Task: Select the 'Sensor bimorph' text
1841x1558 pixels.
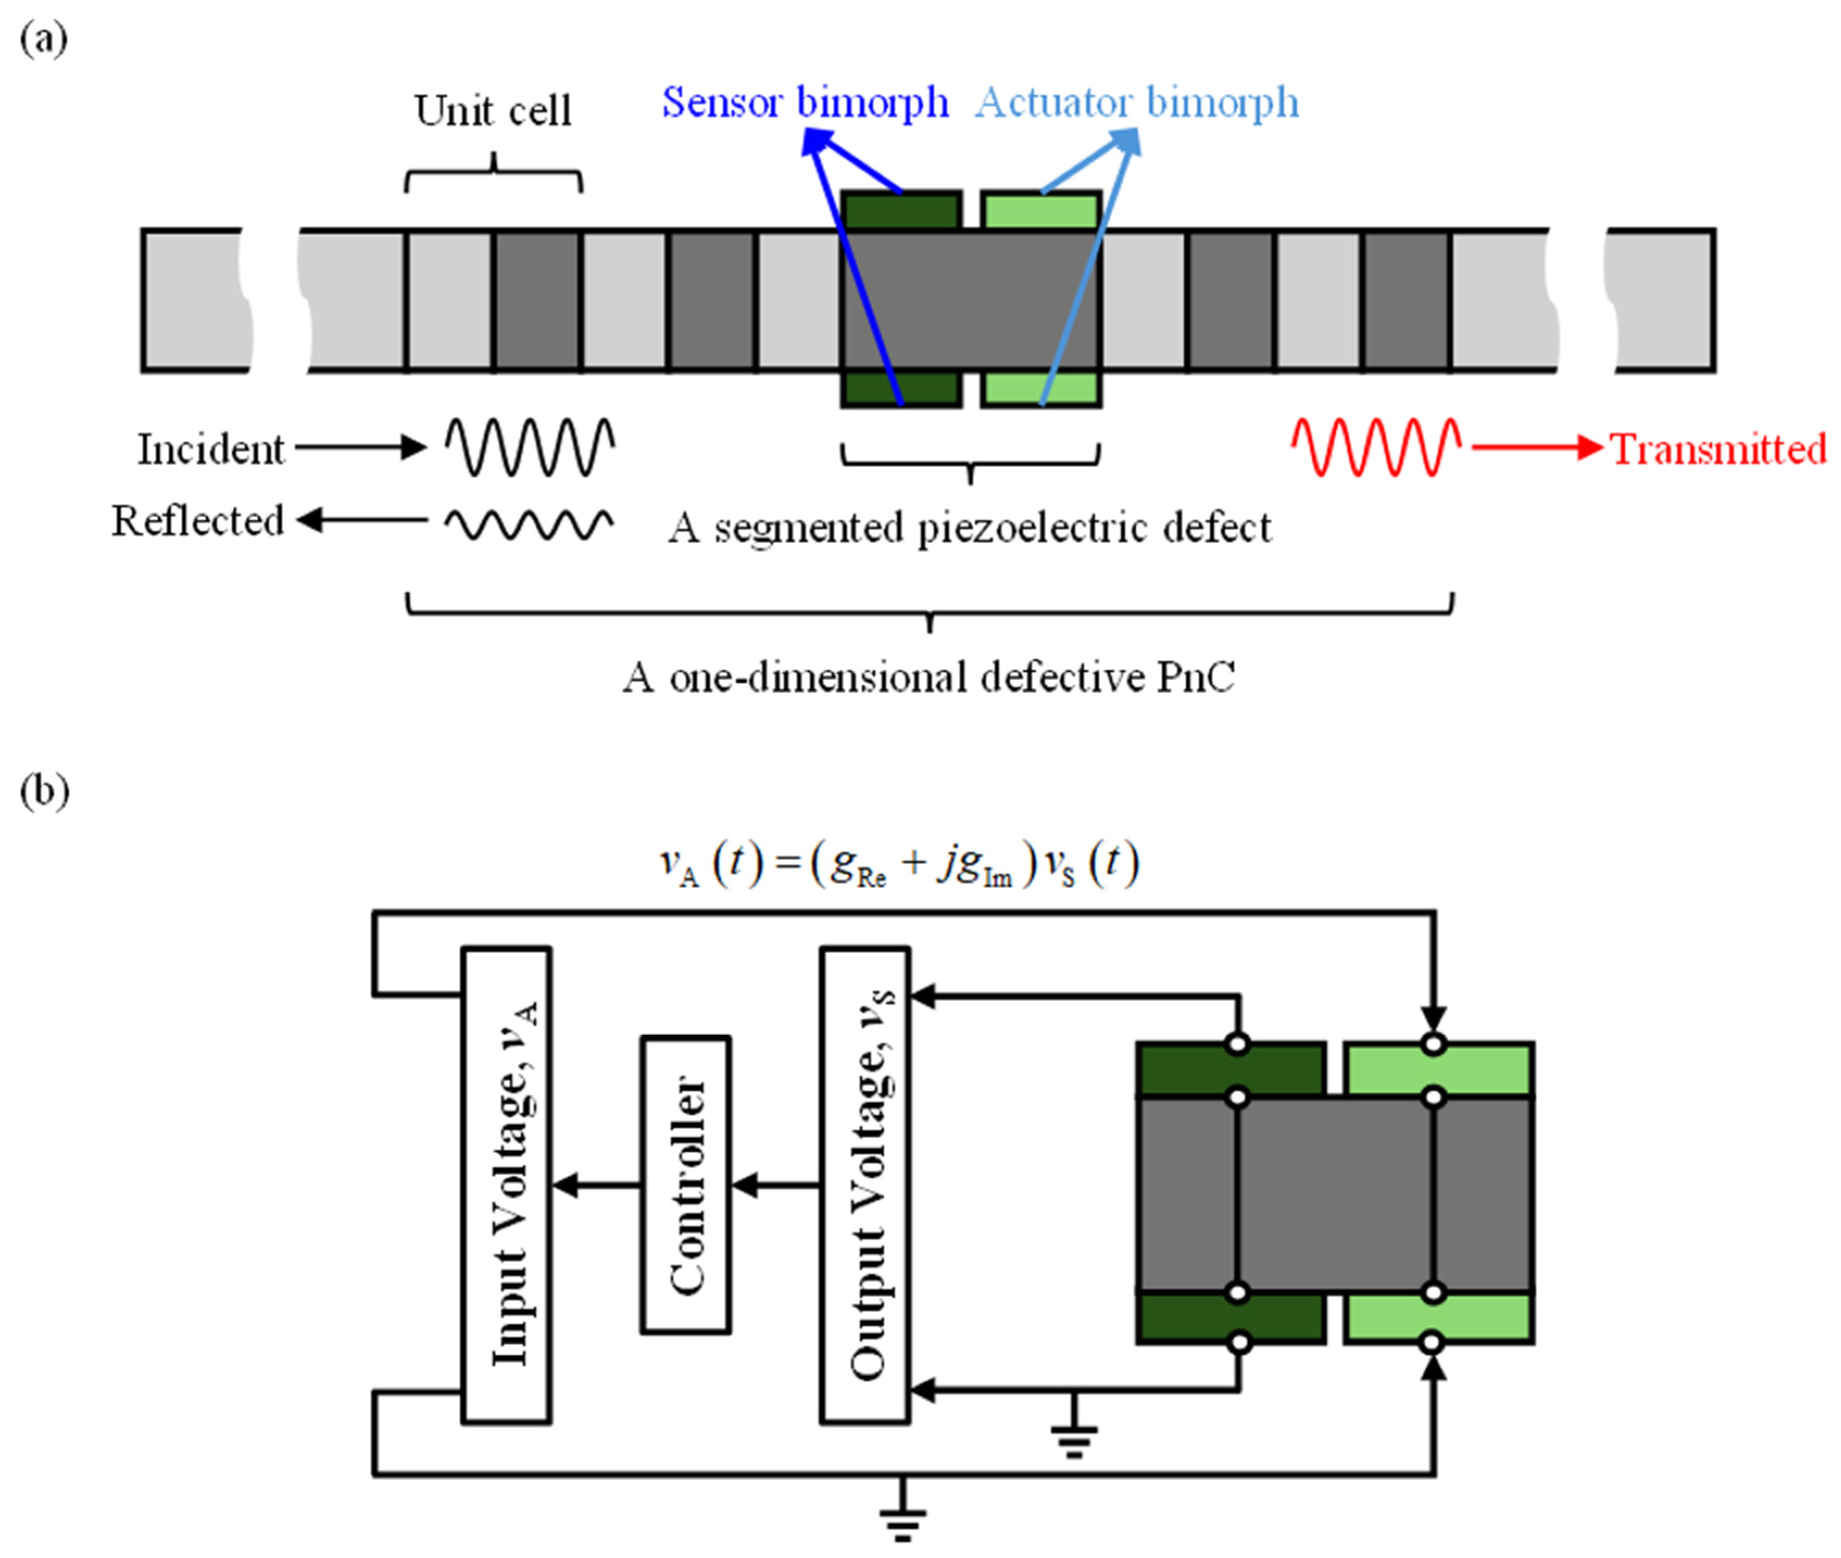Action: (805, 103)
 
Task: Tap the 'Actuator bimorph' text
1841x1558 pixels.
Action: (1137, 103)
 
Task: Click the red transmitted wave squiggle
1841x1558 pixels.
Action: (1376, 447)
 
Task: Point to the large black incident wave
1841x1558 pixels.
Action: (530, 447)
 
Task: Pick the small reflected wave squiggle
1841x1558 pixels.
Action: (529, 524)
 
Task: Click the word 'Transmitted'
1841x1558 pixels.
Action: (1718, 449)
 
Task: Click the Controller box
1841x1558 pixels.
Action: (685, 1185)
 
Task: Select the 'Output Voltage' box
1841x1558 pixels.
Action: (865, 1185)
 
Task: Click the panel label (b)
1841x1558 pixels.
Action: (44, 790)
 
